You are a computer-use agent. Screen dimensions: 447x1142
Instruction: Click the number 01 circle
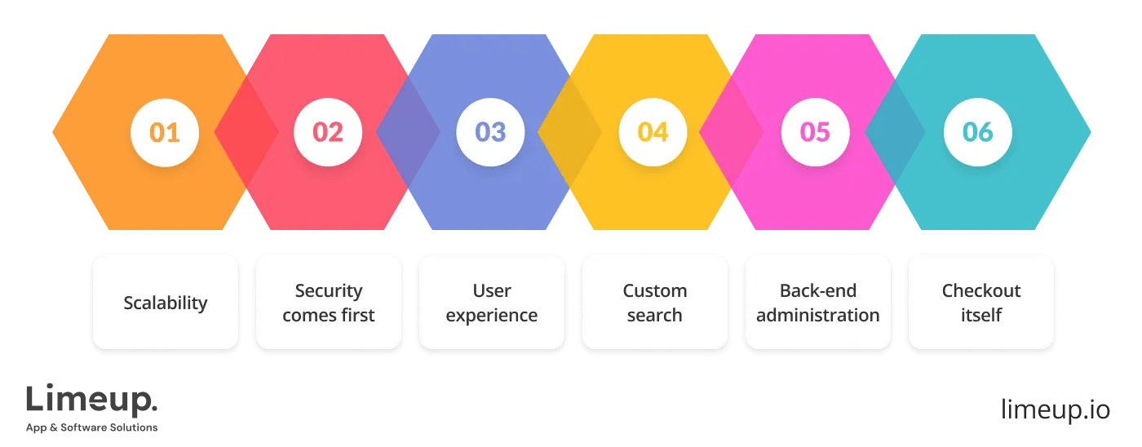(x=166, y=132)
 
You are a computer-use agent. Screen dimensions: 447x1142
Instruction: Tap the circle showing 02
(x=328, y=132)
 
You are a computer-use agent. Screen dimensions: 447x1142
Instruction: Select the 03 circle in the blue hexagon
(x=491, y=132)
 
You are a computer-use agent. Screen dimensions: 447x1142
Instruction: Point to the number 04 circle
(x=653, y=132)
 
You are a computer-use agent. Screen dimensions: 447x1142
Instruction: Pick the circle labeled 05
(x=816, y=132)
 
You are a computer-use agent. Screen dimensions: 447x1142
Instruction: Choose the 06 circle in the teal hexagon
(x=978, y=132)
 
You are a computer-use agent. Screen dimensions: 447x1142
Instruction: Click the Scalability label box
(x=166, y=303)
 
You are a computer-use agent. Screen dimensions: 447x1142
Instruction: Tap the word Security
(x=329, y=290)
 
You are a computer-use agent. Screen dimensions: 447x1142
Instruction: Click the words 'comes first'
(x=329, y=315)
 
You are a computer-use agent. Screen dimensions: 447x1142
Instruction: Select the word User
(x=492, y=290)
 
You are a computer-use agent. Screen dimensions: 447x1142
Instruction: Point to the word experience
(x=492, y=315)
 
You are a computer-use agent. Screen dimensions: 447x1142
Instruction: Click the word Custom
(x=655, y=290)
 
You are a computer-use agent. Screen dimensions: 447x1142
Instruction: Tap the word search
(x=655, y=315)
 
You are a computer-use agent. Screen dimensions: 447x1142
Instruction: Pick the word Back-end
(x=818, y=290)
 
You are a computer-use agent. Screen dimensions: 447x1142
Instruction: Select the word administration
(x=818, y=315)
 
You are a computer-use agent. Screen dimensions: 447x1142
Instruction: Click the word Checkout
(x=981, y=290)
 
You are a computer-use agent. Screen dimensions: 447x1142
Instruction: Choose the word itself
(x=981, y=315)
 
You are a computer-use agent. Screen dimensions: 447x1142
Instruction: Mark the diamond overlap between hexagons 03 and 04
(x=569, y=132)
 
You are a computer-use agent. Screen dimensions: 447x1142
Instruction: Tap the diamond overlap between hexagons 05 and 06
(x=895, y=132)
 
